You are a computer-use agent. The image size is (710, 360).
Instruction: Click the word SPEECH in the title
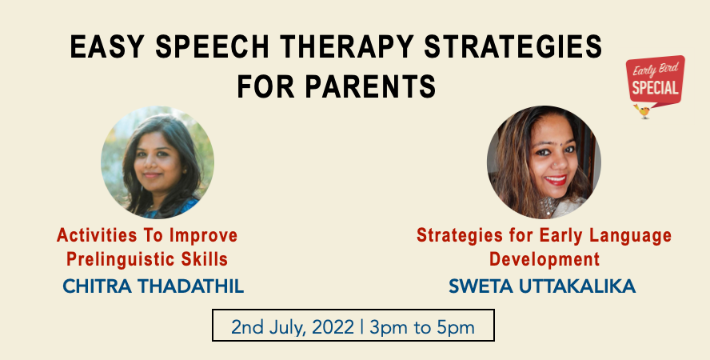(212, 46)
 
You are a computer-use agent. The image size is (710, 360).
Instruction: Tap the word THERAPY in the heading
(346, 46)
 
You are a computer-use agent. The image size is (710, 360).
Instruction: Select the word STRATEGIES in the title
(513, 46)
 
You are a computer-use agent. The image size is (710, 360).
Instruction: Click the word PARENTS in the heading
(370, 86)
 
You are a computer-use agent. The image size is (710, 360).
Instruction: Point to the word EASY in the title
(107, 46)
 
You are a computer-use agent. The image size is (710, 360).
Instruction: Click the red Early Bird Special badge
(655, 82)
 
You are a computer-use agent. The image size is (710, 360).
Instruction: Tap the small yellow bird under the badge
(642, 111)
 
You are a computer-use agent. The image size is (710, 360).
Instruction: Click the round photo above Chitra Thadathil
(158, 162)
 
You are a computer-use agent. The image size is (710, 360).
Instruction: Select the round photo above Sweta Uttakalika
(544, 162)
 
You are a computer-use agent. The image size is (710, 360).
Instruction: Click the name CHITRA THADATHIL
(153, 286)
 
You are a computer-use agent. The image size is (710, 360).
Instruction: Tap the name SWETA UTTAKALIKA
(542, 286)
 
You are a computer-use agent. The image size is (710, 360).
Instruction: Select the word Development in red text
(544, 259)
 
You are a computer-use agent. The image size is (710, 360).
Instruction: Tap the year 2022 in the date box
(333, 327)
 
